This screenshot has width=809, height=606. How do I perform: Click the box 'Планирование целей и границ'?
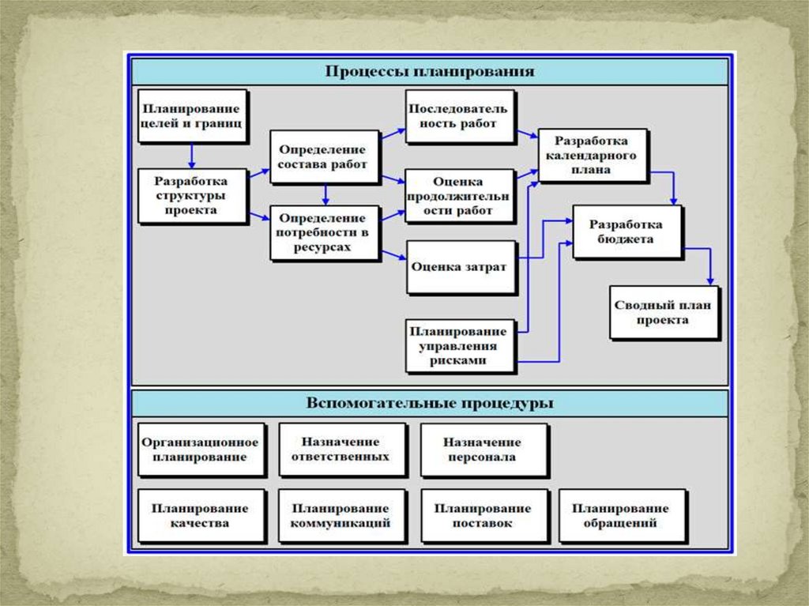(190, 115)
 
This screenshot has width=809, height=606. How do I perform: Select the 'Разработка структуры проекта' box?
(190, 194)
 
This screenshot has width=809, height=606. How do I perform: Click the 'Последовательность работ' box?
(459, 116)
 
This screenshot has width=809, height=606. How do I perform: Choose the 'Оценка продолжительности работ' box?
(457, 195)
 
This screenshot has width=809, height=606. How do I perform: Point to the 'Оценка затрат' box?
(458, 266)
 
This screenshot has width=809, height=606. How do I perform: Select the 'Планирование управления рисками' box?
(458, 345)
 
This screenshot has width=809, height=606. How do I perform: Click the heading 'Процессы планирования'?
(430, 71)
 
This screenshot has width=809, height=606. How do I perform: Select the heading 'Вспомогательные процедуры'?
(430, 403)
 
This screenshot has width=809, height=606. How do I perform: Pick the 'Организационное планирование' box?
(200, 450)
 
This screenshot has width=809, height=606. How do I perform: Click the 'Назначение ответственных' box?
(341, 449)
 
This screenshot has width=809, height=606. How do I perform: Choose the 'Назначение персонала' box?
(482, 450)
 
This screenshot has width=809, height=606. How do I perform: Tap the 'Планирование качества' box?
(200, 515)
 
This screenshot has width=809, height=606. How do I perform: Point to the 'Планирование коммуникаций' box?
(341, 515)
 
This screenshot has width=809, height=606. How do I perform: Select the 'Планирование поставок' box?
(482, 515)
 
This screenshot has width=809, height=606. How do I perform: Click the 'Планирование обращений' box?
(620, 515)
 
